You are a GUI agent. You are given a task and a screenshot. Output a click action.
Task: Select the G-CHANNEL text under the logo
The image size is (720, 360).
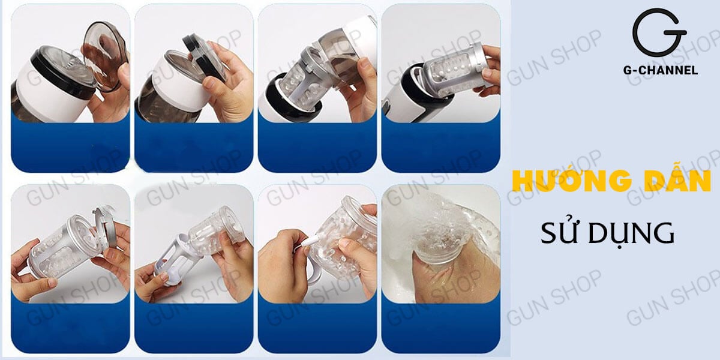[659, 70]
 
